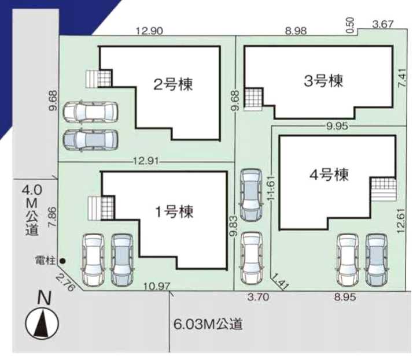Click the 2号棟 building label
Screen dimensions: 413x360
click(x=173, y=84)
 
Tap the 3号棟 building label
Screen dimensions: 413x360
click(x=323, y=81)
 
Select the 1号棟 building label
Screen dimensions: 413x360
click(x=175, y=212)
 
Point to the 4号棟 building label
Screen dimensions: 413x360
click(x=329, y=175)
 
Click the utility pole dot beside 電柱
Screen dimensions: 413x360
click(x=62, y=261)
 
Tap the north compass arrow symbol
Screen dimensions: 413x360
click(x=42, y=324)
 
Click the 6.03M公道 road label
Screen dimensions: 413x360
click(x=208, y=324)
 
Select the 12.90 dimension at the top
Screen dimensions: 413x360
click(x=149, y=31)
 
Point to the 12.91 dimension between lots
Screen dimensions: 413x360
click(x=146, y=161)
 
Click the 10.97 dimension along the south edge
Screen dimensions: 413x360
click(x=157, y=286)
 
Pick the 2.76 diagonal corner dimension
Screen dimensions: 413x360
click(x=65, y=281)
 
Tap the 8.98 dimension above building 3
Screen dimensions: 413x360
click(x=296, y=31)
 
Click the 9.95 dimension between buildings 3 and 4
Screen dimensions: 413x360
click(x=337, y=127)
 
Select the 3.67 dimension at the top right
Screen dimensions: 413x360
click(x=383, y=24)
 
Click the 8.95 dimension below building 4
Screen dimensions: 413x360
click(x=345, y=297)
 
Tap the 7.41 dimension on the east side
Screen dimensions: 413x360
click(x=402, y=78)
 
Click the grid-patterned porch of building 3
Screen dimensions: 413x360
click(x=254, y=98)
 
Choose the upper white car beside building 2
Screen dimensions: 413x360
click(x=90, y=112)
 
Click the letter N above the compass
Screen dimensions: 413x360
click(x=44, y=298)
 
